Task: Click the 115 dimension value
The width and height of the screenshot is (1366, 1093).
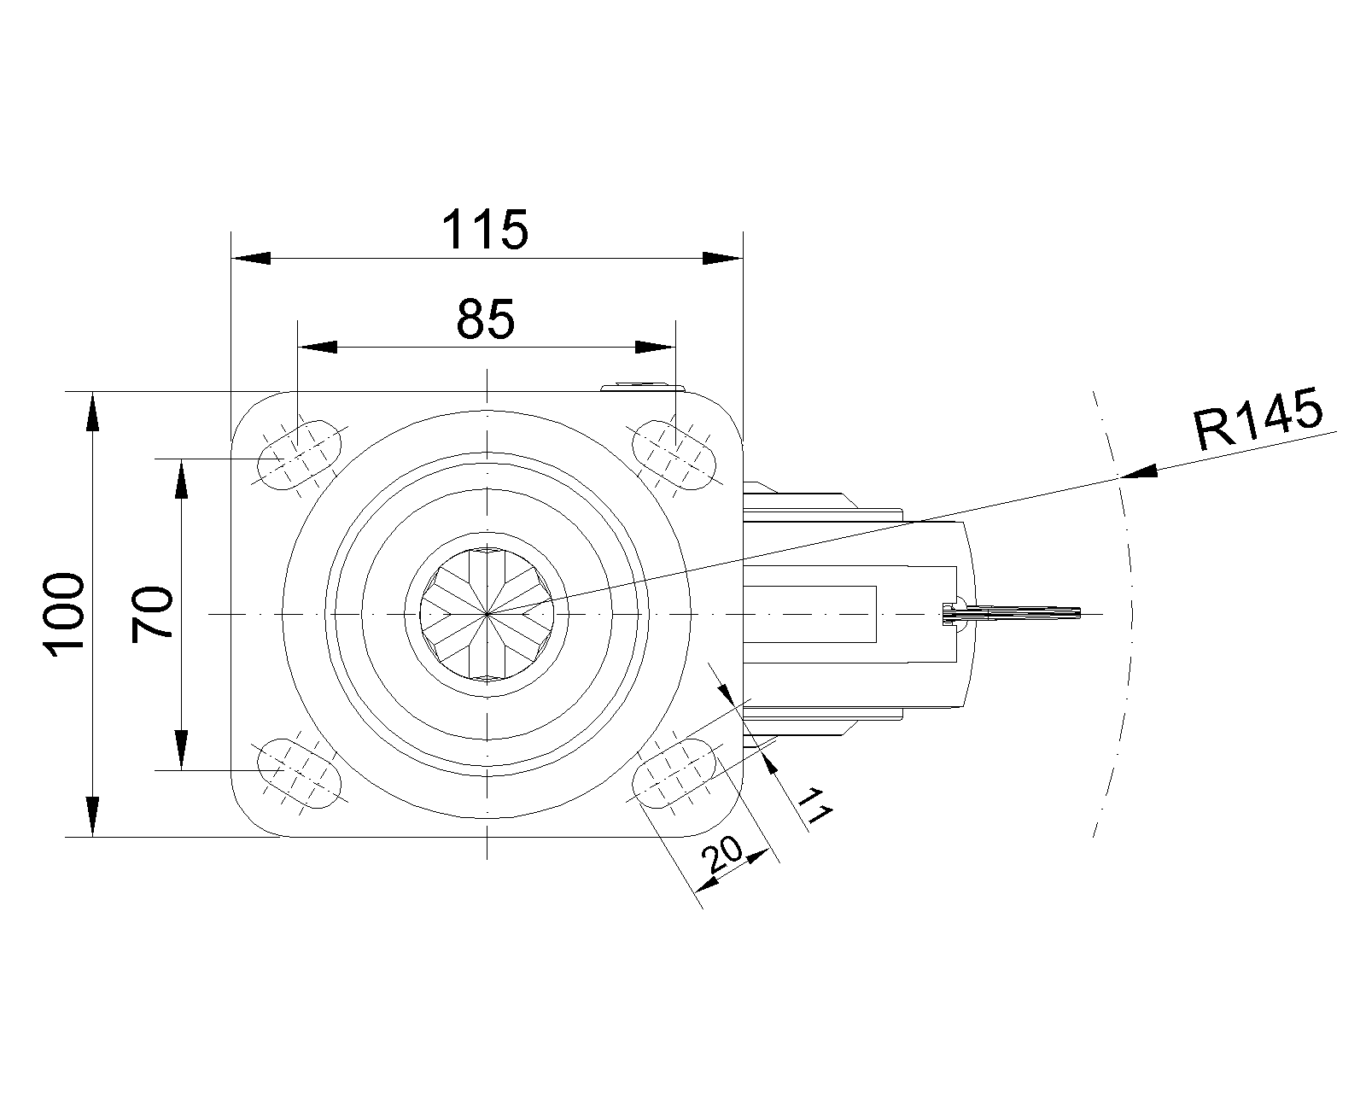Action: pos(486,230)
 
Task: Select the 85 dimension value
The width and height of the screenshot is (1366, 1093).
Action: pos(486,319)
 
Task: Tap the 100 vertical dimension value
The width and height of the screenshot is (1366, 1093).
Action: pos(67,614)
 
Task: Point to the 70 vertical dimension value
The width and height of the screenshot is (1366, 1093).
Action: pos(154,612)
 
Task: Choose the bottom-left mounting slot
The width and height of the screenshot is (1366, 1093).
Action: pos(298,773)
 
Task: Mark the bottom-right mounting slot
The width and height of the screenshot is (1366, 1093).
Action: pos(674,773)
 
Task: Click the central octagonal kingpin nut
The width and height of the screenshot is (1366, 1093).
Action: pos(486,613)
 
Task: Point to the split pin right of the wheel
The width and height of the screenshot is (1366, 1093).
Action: pos(1016,613)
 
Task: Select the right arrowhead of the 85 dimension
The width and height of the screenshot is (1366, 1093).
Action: pos(655,347)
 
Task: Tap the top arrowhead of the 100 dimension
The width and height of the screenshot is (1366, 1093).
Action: pos(93,412)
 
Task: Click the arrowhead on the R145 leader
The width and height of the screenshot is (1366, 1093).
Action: pos(1138,472)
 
